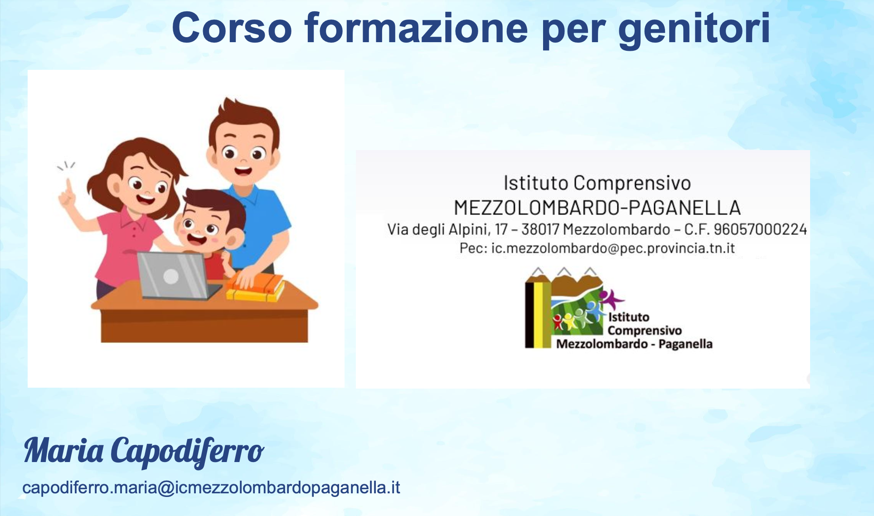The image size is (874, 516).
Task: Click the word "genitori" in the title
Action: click(694, 29)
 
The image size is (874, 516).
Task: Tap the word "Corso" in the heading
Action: click(232, 28)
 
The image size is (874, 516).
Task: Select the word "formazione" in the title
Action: click(417, 28)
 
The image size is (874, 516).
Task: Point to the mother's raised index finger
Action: click(68, 187)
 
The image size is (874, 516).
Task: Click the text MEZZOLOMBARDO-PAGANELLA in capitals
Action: click(597, 208)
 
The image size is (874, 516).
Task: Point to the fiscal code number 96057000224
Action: click(760, 229)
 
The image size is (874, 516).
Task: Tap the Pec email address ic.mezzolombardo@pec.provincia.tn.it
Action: click(613, 248)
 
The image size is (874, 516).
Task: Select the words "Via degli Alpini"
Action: click(438, 229)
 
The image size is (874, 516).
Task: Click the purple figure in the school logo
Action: click(611, 299)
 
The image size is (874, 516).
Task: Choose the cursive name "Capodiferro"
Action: click(187, 452)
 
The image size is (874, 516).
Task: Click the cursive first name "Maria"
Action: click(63, 451)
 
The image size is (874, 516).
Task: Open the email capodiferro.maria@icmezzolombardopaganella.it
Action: click(211, 488)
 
